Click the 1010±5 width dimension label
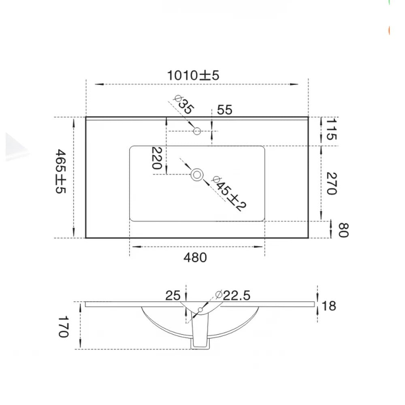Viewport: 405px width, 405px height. [193, 75]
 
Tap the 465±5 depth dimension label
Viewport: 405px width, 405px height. [61, 171]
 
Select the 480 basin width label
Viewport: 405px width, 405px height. [195, 258]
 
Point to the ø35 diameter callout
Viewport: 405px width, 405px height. [183, 104]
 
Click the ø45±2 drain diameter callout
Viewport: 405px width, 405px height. [228, 194]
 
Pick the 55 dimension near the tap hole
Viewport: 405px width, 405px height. [225, 110]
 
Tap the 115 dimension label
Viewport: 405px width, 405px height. [331, 129]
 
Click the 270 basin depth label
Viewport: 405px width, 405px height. [331, 183]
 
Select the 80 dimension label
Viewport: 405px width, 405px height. [343, 230]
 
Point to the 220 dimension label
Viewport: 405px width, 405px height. [156, 158]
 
